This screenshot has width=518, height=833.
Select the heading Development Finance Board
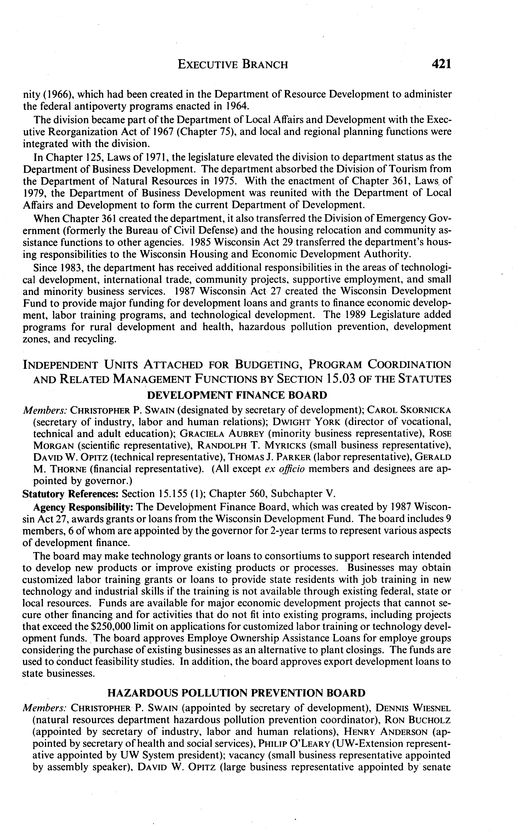[x=237, y=395]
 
